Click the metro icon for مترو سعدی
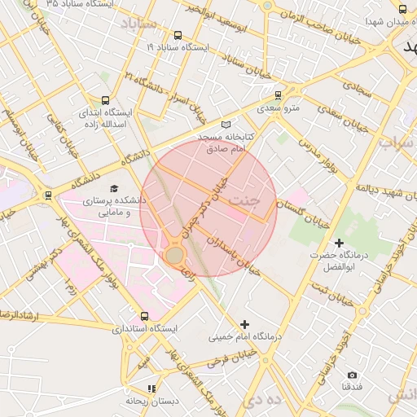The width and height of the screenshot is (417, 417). point(279,94)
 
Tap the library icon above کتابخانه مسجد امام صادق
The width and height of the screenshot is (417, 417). point(226,125)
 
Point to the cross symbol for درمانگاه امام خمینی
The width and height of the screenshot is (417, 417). point(244,324)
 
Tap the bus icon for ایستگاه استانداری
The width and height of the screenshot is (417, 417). point(145,316)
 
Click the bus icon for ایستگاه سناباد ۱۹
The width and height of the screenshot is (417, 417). point(178,35)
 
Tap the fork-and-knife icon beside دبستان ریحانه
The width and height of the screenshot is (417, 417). point(151,388)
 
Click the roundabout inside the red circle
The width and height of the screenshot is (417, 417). point(174,255)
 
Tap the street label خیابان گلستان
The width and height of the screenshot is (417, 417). point(302,213)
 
